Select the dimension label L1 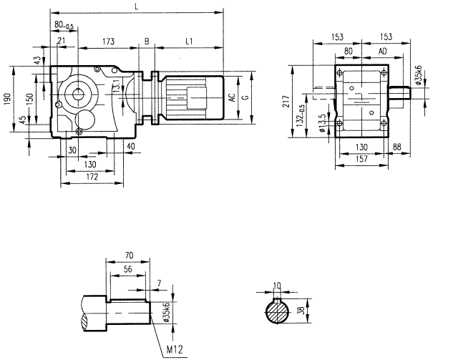coord(188,42)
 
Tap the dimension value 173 coord(109,42)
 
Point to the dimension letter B coord(147,42)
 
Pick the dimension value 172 coord(89,175)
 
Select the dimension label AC coord(232,98)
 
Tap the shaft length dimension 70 coord(128,254)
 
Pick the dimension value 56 coord(127,269)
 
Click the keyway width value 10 coord(278,285)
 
